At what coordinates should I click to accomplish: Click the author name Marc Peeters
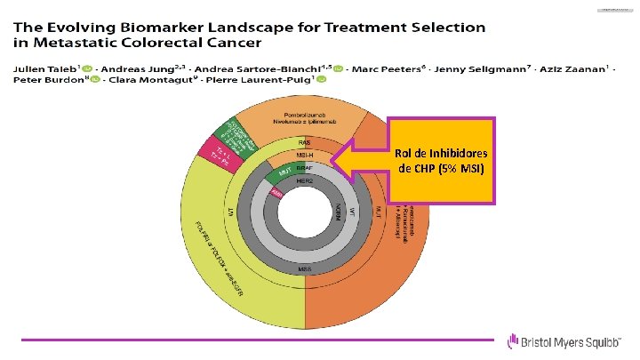pos(371,68)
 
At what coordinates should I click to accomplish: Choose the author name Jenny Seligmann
pos(448,68)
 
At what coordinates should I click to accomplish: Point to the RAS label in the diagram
pos(304,143)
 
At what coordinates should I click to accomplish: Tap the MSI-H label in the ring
pos(304,155)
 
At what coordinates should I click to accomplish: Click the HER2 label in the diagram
pos(305,180)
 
